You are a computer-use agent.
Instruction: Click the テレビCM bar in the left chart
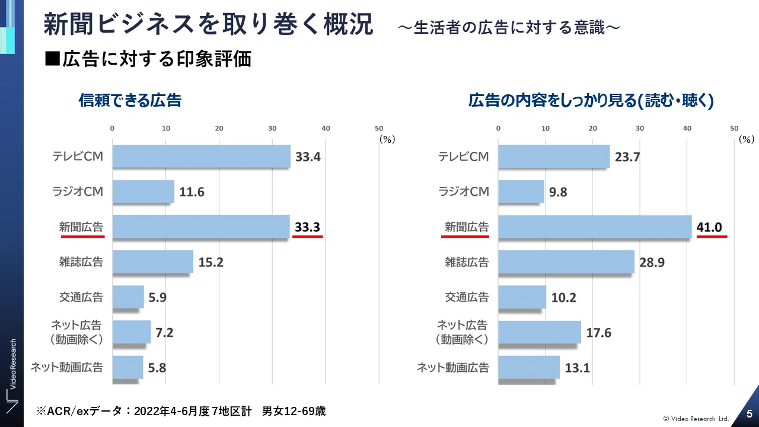pos(201,157)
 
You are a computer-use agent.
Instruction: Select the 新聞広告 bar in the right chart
pos(595,227)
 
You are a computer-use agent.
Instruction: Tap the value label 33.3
pos(307,227)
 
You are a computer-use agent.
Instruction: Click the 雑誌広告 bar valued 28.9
pos(566,262)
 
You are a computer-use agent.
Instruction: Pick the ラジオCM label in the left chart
pos(78,192)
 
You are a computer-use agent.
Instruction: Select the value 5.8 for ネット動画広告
pos(157,368)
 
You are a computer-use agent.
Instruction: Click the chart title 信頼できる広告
pos(130,101)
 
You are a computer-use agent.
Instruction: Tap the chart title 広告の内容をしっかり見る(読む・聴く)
pos(591,101)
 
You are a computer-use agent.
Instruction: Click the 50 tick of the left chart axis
pos(379,128)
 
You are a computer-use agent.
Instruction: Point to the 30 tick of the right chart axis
pos(640,128)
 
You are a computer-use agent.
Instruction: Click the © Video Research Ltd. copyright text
pos(696,419)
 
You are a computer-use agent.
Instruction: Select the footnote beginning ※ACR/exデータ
pos(181,411)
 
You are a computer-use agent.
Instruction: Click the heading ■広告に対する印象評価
pos(148,59)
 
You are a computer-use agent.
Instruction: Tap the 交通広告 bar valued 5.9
pos(128,297)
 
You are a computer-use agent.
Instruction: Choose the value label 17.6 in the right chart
pos(598,333)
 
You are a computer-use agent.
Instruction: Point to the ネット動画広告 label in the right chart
pos(453,368)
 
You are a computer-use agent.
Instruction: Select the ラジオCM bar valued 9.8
pos(521,192)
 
